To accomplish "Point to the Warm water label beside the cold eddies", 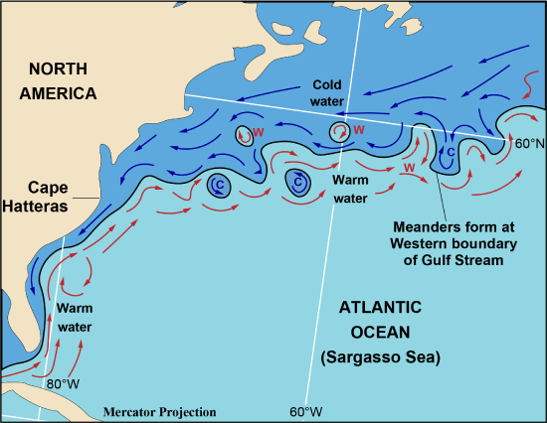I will tap(349, 190).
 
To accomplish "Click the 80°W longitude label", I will tap(64, 383).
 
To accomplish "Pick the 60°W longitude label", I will tap(306, 410).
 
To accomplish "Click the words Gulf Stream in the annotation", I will tap(456, 260).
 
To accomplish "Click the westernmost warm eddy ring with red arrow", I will tap(245, 137).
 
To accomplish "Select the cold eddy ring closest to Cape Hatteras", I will tap(218, 185).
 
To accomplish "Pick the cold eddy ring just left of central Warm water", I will tap(297, 182).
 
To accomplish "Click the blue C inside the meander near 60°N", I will tap(451, 152).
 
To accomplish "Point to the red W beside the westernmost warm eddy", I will tap(259, 131).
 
